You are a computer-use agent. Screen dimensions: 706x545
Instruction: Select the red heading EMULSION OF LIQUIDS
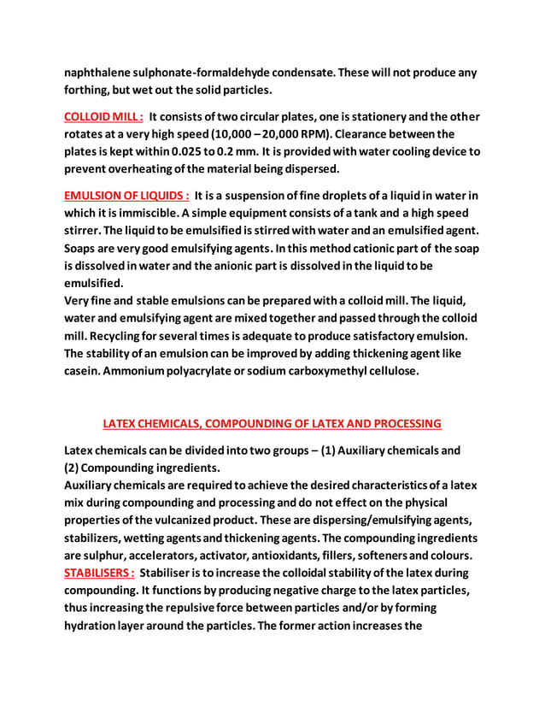(x=127, y=195)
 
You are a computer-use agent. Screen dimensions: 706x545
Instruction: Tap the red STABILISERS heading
(x=99, y=572)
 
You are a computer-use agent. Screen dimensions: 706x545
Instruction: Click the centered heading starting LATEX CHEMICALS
(x=272, y=423)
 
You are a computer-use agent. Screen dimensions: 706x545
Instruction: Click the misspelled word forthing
(x=89, y=90)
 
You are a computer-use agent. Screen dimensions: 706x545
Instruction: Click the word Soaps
(x=84, y=248)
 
